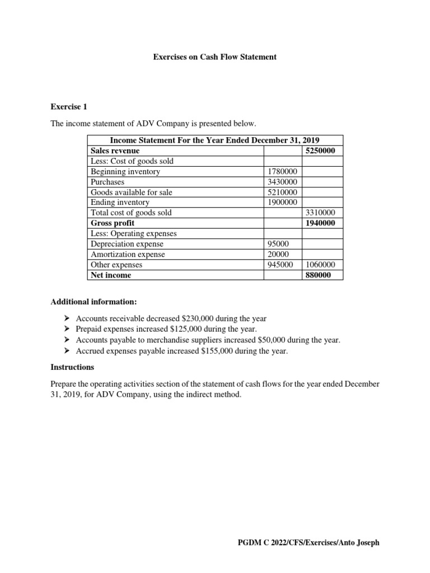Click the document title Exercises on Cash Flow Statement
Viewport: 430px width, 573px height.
(215, 57)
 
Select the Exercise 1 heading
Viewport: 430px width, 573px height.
(69, 106)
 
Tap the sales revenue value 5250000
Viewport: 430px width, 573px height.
(321, 151)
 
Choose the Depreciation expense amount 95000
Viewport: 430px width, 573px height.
(278, 244)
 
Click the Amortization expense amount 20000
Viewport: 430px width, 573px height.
(278, 255)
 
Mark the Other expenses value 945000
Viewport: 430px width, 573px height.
(280, 265)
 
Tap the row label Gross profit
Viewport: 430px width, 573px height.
(113, 223)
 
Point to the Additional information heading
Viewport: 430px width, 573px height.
(94, 302)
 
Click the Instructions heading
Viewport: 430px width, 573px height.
(72, 368)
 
